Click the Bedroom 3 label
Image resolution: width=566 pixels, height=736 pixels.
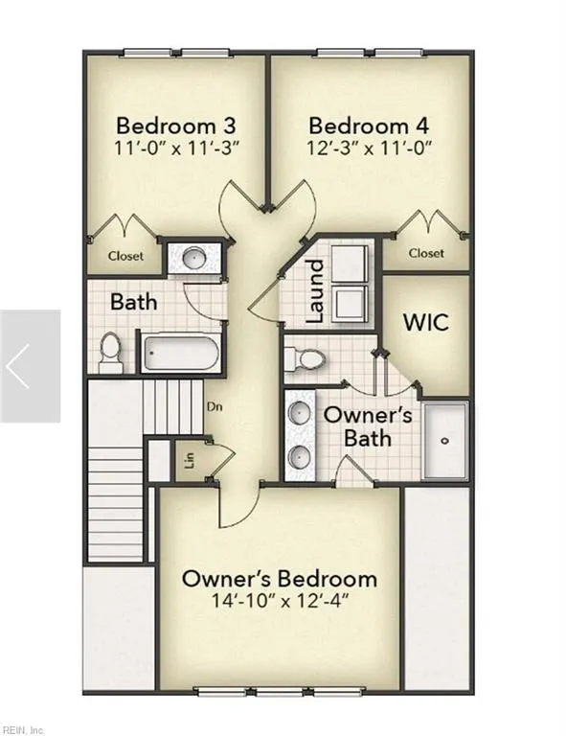coord(175,126)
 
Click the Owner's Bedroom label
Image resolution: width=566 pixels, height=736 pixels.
coord(279,579)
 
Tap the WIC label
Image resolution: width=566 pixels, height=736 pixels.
coord(426,319)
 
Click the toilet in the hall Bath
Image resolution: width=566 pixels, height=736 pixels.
coord(111,351)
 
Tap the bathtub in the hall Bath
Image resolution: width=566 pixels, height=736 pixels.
coord(182,352)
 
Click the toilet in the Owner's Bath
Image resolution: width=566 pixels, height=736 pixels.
coord(307,358)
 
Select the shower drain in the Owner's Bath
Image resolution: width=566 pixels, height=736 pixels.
coord(445,441)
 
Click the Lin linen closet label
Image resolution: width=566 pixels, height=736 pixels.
coord(188,463)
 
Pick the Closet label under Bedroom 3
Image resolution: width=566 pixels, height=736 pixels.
coord(125,256)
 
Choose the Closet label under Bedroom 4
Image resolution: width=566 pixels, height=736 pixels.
coord(426,253)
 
